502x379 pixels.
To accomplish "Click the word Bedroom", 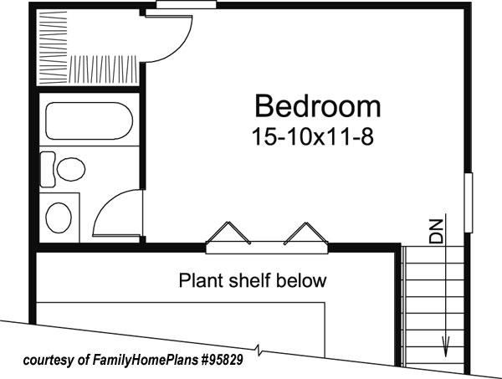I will coord(317,106).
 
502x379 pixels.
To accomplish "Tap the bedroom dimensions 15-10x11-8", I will coord(311,137).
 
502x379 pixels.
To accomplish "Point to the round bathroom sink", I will coord(58,218).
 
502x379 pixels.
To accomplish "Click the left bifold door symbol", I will coord(228,233).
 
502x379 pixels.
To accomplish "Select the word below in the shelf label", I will coord(302,280).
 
